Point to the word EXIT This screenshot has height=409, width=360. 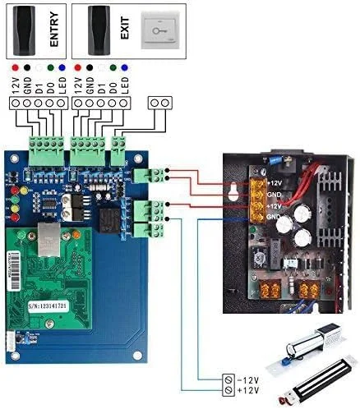tap(125, 30)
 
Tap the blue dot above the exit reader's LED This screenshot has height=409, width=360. tap(124, 65)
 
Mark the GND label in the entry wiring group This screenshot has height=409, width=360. tap(28, 83)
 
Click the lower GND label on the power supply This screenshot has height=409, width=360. tap(273, 215)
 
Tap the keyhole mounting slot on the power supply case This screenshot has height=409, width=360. tap(234, 189)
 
